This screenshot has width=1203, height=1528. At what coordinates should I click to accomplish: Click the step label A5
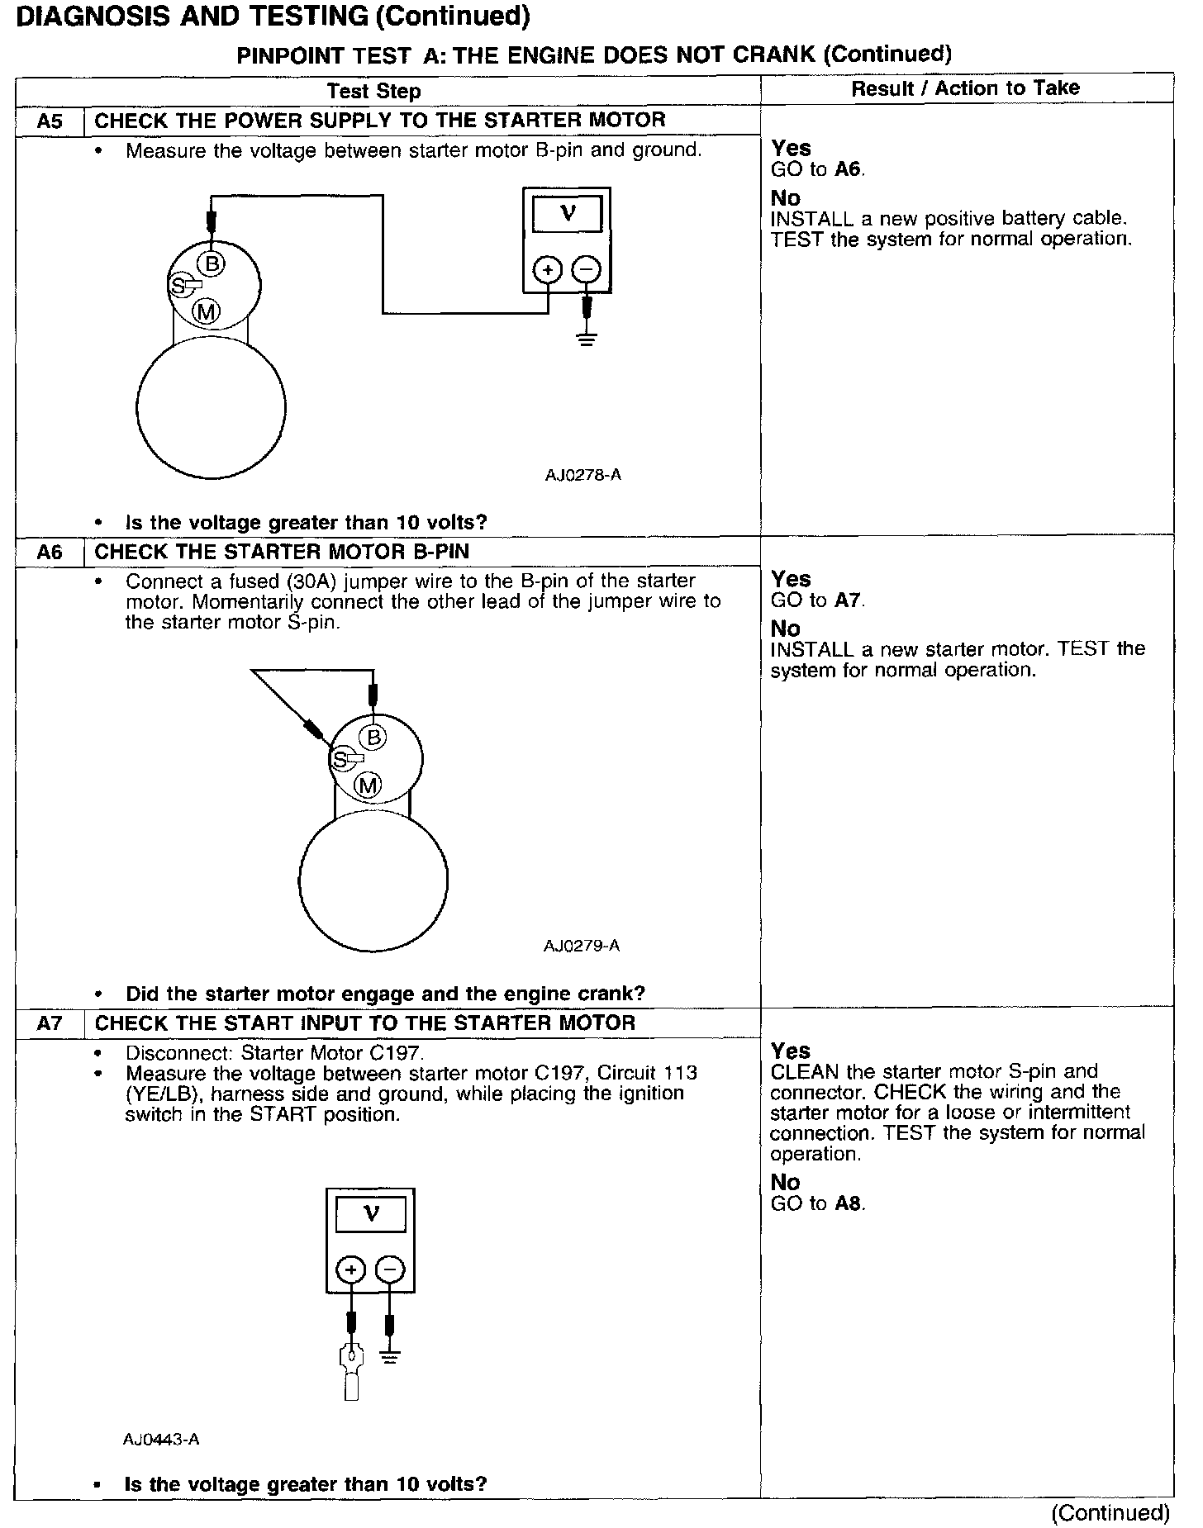[50, 121]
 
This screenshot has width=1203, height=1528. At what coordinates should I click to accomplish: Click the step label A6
[50, 552]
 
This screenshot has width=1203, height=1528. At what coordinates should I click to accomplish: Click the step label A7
[50, 1023]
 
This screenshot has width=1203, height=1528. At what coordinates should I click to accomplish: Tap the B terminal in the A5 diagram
[213, 263]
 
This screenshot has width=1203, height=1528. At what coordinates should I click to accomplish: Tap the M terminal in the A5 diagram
[206, 311]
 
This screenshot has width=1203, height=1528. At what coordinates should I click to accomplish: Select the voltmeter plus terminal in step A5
[548, 270]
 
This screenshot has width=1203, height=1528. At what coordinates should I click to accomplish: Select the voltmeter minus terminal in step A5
[587, 270]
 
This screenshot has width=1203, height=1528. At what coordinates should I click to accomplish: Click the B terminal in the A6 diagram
[373, 737]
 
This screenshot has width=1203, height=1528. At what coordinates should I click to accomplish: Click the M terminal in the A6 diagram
[368, 785]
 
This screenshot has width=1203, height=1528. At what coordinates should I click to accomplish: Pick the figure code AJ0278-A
[582, 475]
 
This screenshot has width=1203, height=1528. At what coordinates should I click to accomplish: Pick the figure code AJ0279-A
[582, 946]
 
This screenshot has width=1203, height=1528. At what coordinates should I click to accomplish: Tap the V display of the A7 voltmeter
[371, 1214]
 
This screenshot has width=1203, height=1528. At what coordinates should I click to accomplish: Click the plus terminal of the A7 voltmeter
[351, 1269]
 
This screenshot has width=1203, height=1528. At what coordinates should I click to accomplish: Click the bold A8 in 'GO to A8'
[849, 1203]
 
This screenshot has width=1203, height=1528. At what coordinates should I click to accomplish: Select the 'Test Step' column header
[373, 91]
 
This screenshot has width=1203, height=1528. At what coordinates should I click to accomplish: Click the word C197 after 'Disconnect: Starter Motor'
[396, 1053]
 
